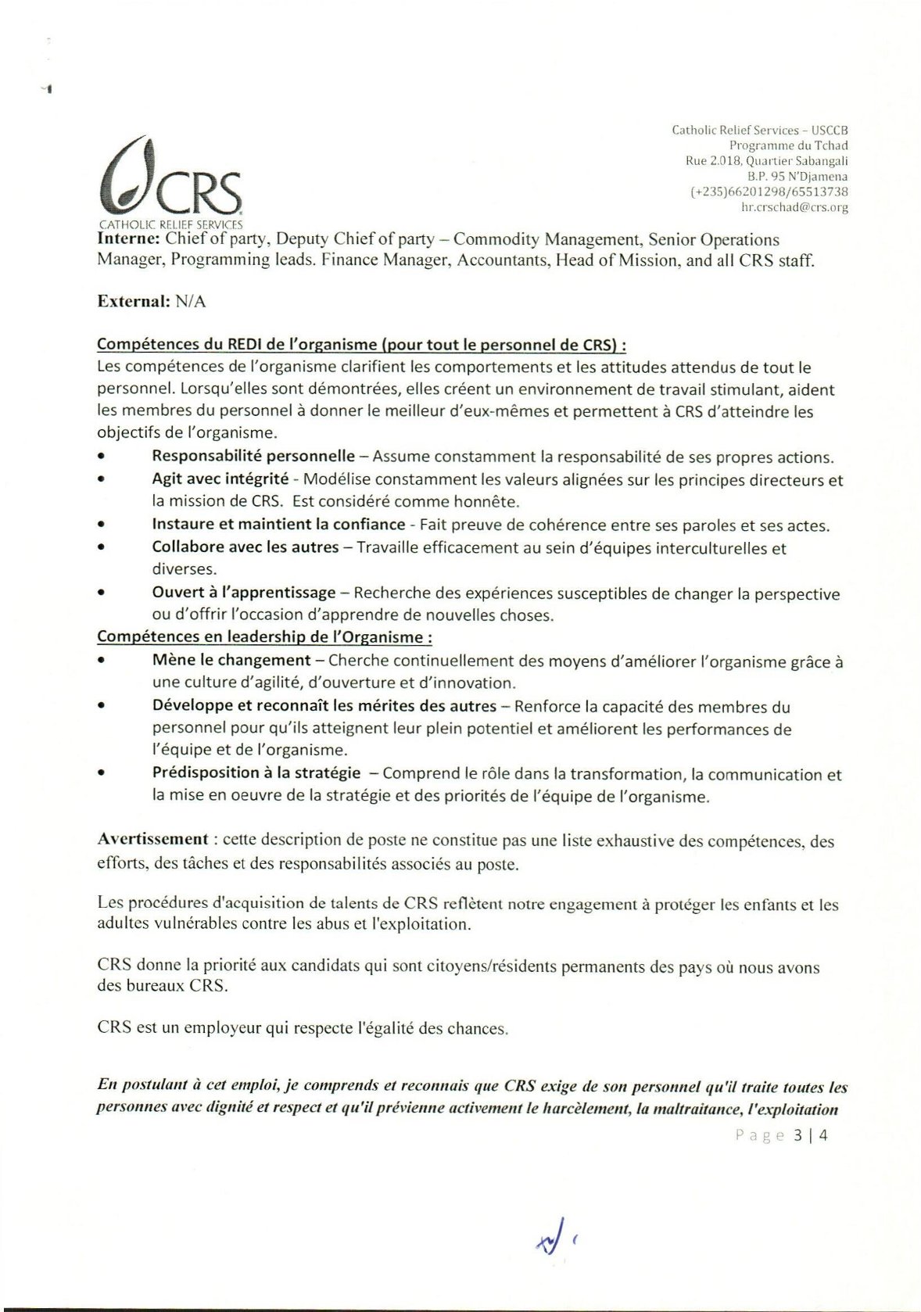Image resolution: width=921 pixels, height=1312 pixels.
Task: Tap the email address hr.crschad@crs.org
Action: click(794, 208)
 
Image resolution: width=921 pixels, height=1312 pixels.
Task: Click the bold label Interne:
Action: click(129, 239)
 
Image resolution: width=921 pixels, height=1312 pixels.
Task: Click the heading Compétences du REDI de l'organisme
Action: click(361, 345)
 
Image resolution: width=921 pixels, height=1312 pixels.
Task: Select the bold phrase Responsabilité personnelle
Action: click(253, 457)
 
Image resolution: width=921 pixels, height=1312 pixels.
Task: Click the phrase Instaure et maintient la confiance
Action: click(278, 525)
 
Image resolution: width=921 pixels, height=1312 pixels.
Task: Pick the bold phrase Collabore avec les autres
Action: click(245, 547)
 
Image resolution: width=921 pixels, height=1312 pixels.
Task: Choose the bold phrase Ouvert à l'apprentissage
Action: click(243, 593)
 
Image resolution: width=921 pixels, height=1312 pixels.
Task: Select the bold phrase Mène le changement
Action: click(231, 661)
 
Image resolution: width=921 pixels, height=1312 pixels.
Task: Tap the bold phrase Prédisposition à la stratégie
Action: click(256, 773)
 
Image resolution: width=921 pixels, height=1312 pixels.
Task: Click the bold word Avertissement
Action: click(152, 840)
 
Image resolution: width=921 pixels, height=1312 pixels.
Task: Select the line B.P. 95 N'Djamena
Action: click(797, 177)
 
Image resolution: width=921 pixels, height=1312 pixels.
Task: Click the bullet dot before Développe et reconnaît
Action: click(102, 706)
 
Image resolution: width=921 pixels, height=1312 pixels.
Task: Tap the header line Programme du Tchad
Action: click(788, 145)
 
